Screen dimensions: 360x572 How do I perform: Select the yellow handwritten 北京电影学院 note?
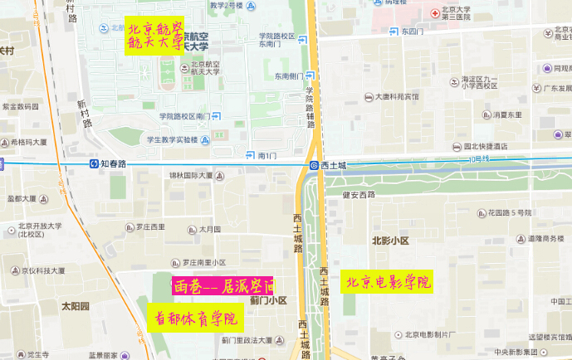pos(389,282)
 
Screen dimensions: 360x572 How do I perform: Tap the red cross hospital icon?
pos(434,13)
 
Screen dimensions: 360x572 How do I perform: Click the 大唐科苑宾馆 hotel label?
pos(402,96)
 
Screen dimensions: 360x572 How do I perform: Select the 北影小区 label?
pos(390,241)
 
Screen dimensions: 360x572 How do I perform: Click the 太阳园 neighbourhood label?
pos(75,305)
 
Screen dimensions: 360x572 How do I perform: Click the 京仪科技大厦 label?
pos(42,270)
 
